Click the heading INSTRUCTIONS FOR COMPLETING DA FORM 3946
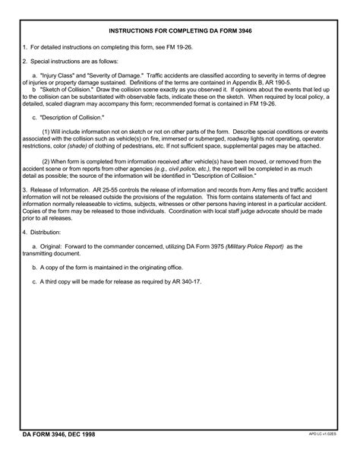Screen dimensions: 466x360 [180, 32]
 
